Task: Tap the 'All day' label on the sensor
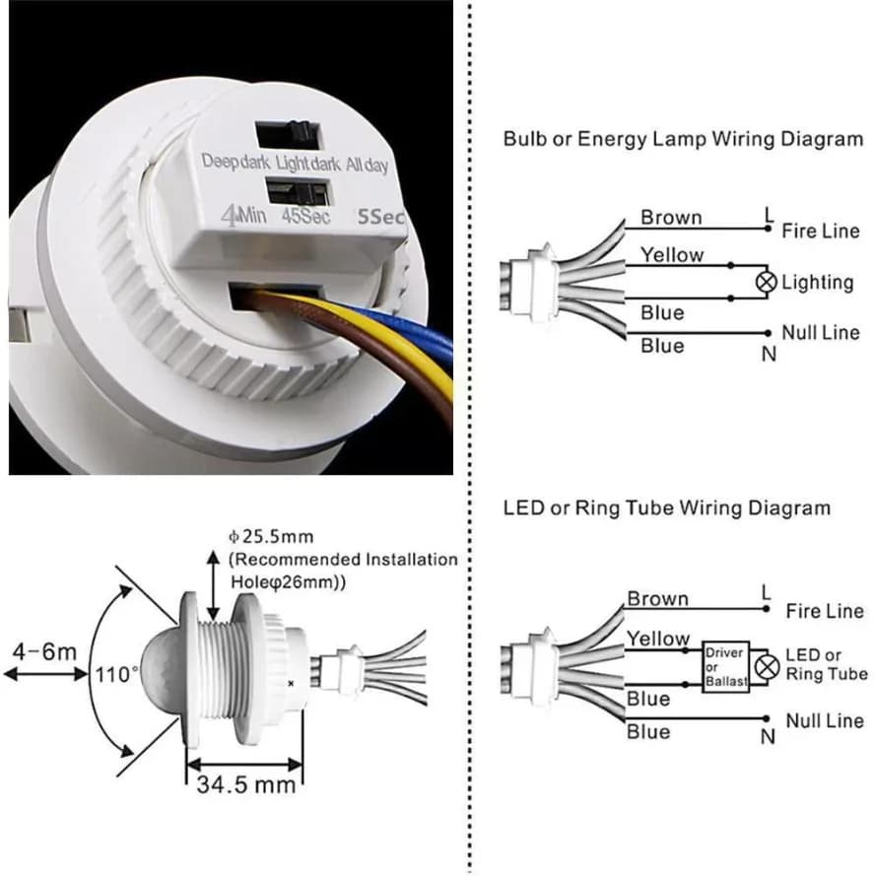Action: (x=367, y=165)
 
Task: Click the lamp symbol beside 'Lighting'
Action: (x=767, y=283)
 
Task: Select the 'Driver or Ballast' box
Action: (x=724, y=667)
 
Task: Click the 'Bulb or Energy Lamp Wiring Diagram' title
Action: (x=683, y=139)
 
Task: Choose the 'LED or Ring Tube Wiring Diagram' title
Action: (x=666, y=508)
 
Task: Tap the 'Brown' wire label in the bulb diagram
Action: (x=671, y=218)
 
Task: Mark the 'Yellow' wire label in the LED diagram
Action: (x=658, y=639)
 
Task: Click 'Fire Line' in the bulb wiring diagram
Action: (x=820, y=232)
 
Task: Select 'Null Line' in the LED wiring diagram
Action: (x=824, y=721)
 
